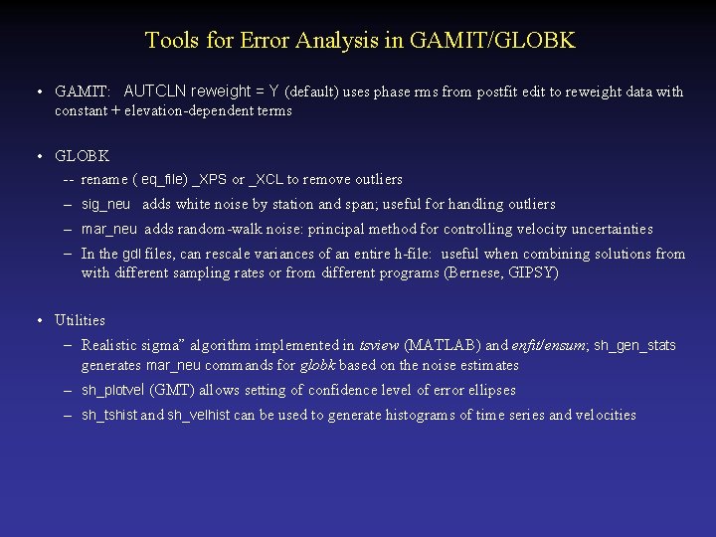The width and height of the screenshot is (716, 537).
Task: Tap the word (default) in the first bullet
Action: coord(312,91)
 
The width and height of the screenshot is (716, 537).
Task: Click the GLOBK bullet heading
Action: coord(82,156)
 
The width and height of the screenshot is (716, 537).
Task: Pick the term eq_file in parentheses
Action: coord(163,180)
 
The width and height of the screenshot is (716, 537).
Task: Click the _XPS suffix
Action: coord(209,180)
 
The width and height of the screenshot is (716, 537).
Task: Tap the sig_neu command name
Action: coord(105,204)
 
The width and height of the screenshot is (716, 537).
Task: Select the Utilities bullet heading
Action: coord(80,320)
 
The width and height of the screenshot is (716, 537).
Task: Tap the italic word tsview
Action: coord(379,346)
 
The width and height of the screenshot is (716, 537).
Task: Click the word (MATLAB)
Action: coord(445,346)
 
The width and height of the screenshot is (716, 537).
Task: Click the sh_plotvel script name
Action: coord(112,391)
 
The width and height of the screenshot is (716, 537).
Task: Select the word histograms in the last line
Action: coord(419,415)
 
